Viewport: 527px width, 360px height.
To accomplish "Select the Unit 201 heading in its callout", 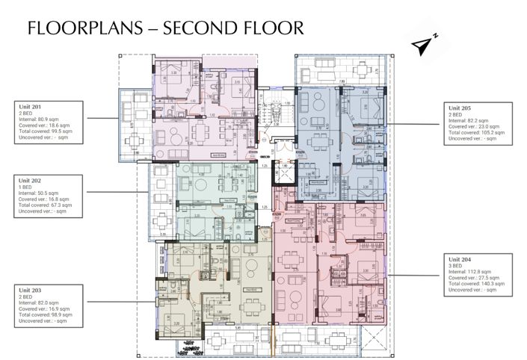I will (31, 108).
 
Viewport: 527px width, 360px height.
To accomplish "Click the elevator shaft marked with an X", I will (283, 175).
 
